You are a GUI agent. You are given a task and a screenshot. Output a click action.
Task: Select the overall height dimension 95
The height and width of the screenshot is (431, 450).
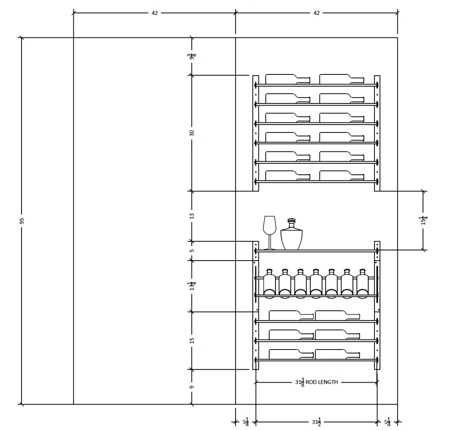[x=22, y=221]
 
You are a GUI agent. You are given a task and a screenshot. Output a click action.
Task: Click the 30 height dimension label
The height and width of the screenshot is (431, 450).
[x=192, y=133]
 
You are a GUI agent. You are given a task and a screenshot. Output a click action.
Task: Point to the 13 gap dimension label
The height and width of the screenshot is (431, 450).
[x=192, y=216]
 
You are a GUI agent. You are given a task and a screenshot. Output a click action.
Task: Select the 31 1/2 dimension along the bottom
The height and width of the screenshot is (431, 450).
[x=316, y=422]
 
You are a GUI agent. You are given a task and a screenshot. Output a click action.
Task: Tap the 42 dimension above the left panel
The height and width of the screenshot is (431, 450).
[x=155, y=13]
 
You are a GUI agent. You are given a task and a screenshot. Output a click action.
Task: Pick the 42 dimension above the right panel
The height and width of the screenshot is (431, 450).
[x=316, y=13]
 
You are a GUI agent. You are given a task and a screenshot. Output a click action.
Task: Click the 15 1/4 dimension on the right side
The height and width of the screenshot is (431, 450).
[x=424, y=221]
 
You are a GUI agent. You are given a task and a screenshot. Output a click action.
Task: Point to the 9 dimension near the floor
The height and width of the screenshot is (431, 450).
[x=192, y=387]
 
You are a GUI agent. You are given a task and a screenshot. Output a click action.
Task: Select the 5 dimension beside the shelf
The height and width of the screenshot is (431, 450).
[x=192, y=251]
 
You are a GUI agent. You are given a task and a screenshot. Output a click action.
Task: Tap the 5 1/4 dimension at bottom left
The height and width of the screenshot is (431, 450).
[x=246, y=422]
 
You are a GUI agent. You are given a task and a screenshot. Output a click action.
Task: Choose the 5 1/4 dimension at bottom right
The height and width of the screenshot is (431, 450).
[x=388, y=422]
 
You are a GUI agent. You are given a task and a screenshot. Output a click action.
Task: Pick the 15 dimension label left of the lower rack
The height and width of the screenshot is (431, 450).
[x=192, y=340]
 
